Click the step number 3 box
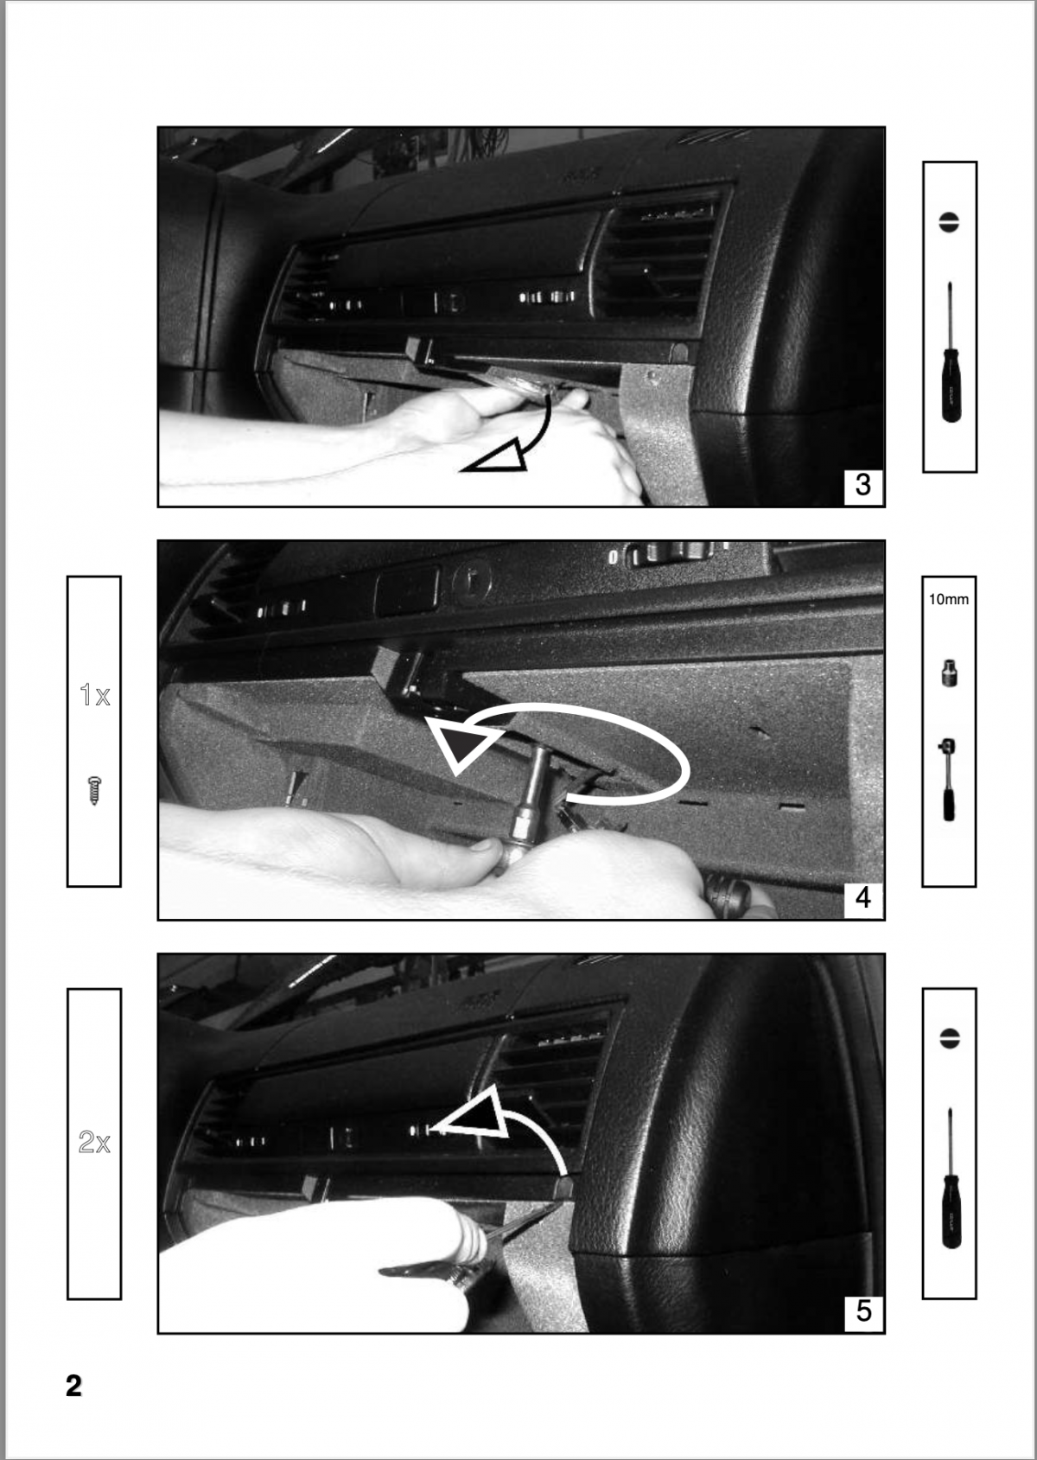[x=862, y=485]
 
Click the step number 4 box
[x=862, y=898]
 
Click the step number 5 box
[x=862, y=1311]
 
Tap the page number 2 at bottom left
[x=74, y=1386]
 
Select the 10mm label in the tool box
[x=949, y=598]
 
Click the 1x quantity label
[x=94, y=694]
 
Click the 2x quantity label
[x=94, y=1143]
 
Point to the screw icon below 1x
[x=94, y=791]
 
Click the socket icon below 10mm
[x=949, y=673]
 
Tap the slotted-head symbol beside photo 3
[x=950, y=221]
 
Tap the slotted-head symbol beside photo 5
[x=950, y=1037]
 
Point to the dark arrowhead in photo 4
[x=462, y=745]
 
